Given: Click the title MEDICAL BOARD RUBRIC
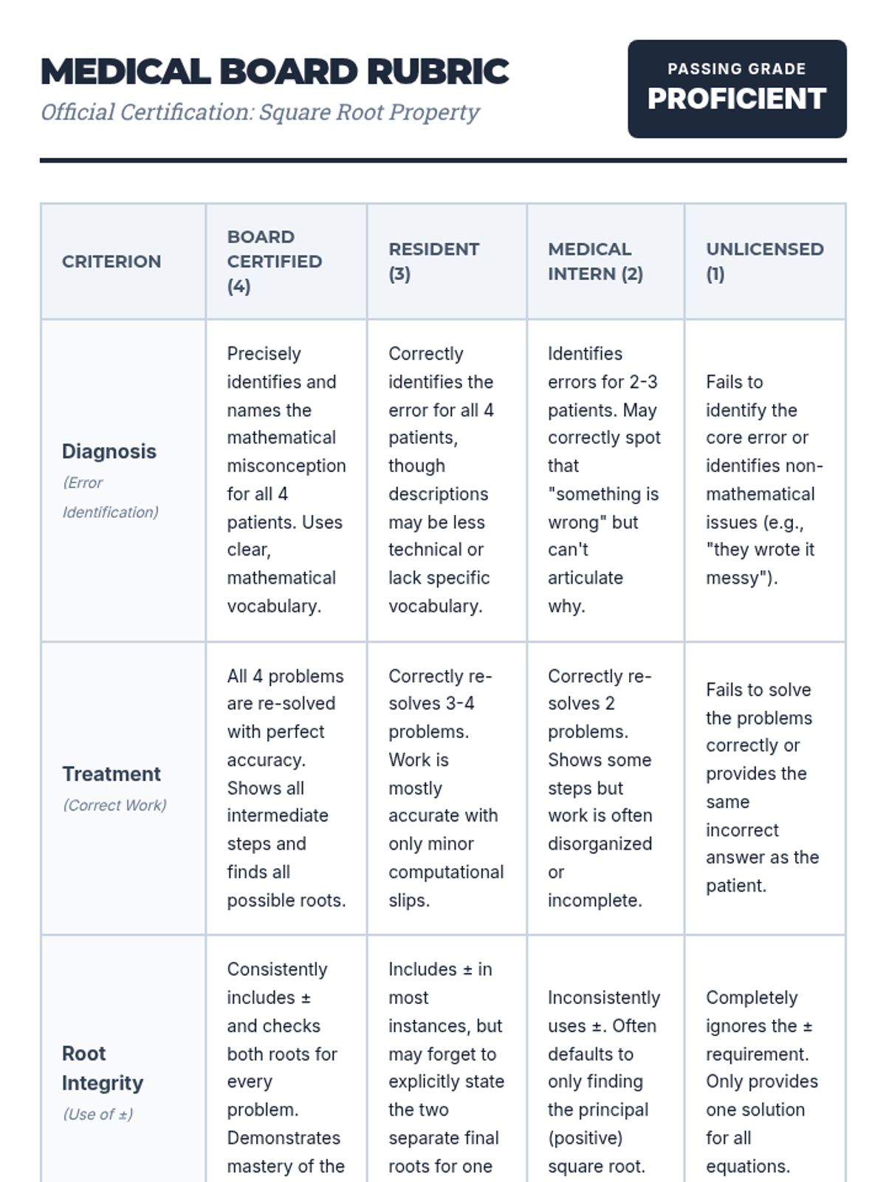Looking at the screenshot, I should pyautogui.click(x=275, y=72).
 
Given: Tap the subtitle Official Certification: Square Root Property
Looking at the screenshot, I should pyautogui.click(x=260, y=112).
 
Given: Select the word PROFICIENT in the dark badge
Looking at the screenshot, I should pyautogui.click(x=736, y=99).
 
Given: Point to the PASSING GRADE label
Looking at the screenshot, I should pyautogui.click(x=736, y=69).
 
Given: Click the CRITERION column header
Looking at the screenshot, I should pyautogui.click(x=111, y=262).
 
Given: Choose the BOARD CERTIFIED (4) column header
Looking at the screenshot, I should pyautogui.click(x=274, y=262).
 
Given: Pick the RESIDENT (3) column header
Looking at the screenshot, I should pyautogui.click(x=433, y=262).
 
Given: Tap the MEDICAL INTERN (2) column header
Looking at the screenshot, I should pyautogui.click(x=595, y=262).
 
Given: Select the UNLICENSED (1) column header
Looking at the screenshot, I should pyautogui.click(x=764, y=262).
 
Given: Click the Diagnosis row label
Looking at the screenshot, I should pyautogui.click(x=109, y=451).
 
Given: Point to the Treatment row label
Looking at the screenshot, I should pyautogui.click(x=111, y=774).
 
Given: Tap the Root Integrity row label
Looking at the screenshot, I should pyautogui.click(x=103, y=1068).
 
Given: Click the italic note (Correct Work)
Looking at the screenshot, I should pyautogui.click(x=114, y=805).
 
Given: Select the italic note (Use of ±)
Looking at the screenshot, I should pyautogui.click(x=98, y=1114).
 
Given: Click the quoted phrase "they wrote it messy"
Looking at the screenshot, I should pyautogui.click(x=760, y=564).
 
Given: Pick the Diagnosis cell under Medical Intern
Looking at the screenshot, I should pyautogui.click(x=604, y=480).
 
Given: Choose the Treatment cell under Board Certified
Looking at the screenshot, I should pyautogui.click(x=286, y=788).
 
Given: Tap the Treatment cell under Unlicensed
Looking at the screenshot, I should pyautogui.click(x=762, y=788).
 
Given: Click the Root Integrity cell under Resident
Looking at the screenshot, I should pyautogui.click(x=446, y=1067).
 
